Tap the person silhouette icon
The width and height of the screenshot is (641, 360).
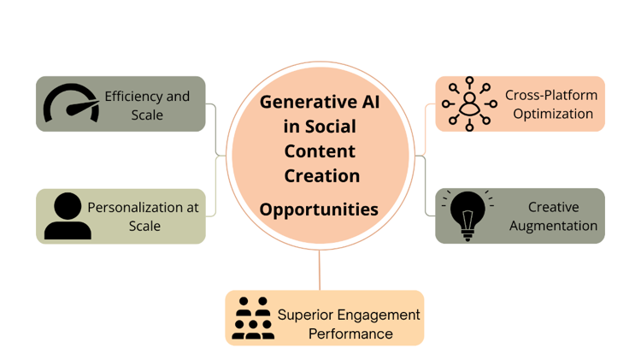click(x=68, y=216)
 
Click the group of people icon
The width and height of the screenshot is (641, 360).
click(x=253, y=318)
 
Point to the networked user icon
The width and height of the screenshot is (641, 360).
click(x=469, y=104)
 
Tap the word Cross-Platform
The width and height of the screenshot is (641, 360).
click(x=551, y=95)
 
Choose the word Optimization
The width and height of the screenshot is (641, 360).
click(x=553, y=114)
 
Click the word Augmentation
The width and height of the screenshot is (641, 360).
click(x=553, y=226)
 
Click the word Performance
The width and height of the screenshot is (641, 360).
click(x=350, y=333)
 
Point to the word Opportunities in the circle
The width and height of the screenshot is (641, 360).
click(x=319, y=210)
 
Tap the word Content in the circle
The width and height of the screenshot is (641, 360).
click(x=320, y=151)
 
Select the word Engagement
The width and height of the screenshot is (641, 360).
click(x=379, y=316)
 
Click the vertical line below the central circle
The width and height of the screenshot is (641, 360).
click(x=320, y=270)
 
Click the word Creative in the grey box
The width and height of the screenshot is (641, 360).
click(x=554, y=207)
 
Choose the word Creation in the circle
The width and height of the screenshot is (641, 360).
click(x=322, y=176)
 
